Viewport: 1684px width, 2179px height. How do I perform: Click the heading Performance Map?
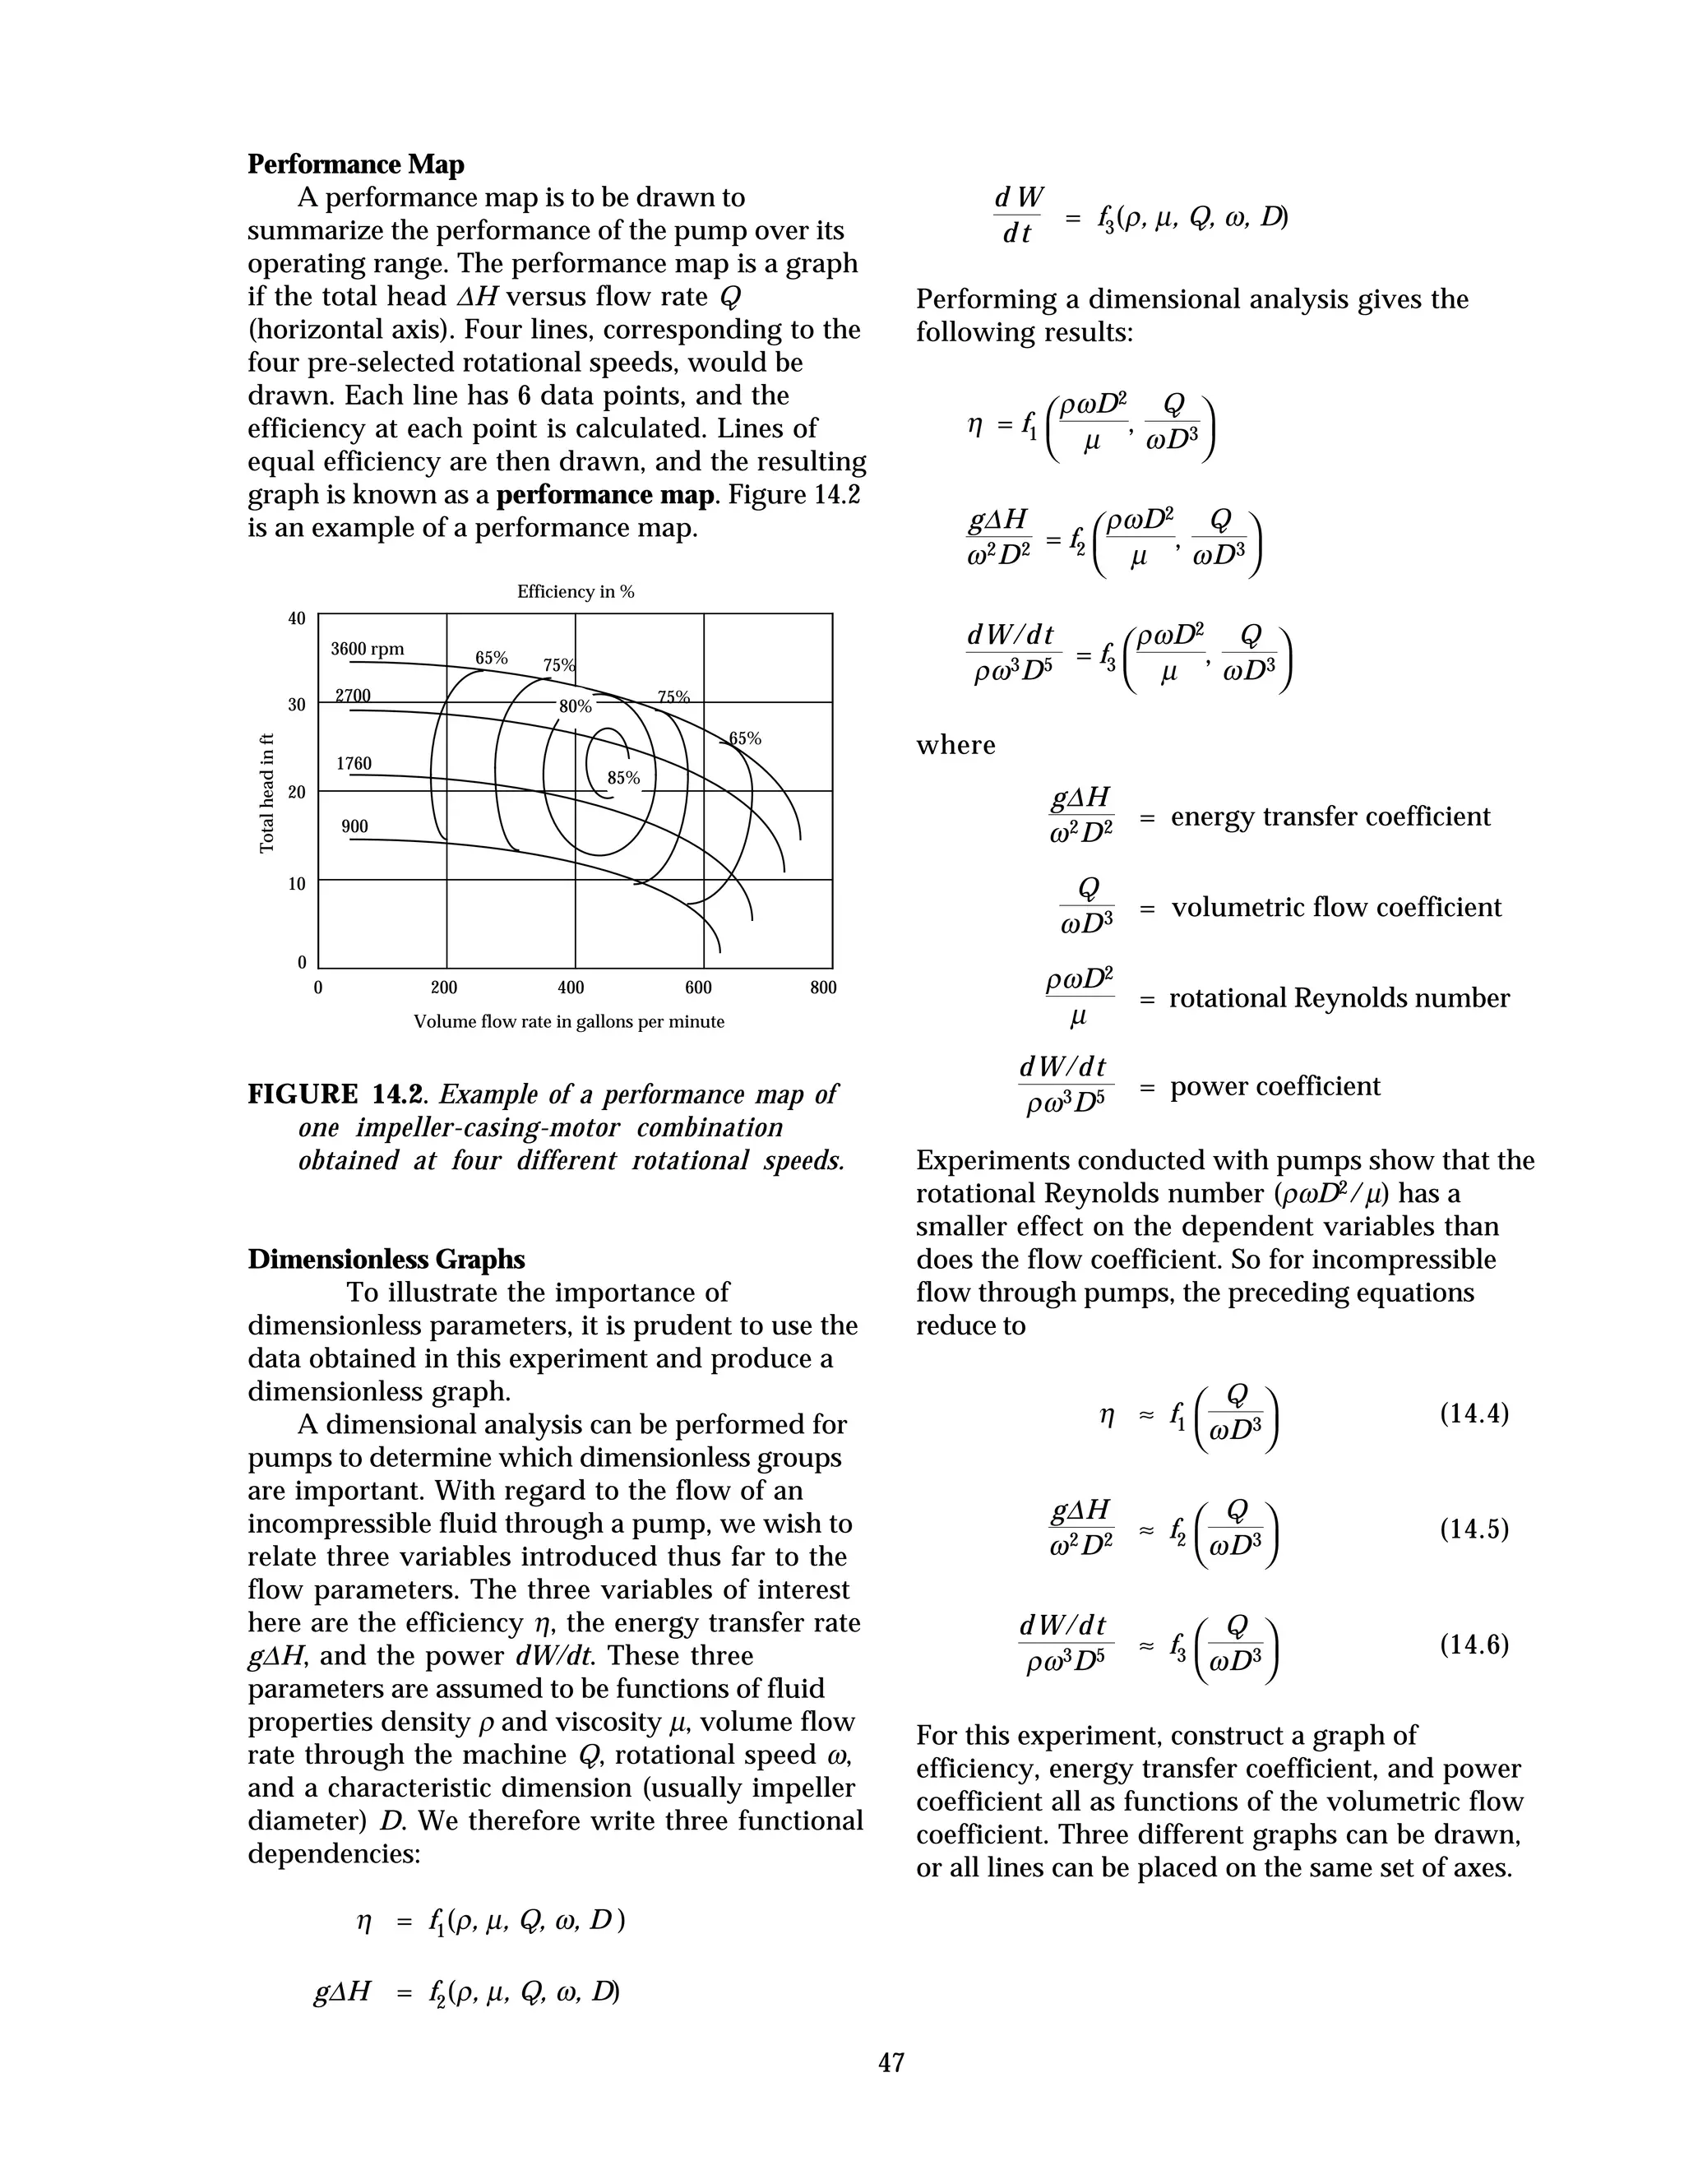coord(355,164)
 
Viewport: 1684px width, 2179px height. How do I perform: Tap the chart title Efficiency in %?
coord(575,592)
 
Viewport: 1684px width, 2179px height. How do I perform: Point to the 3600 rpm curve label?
coord(367,649)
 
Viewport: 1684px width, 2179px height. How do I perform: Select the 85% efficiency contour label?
coord(623,777)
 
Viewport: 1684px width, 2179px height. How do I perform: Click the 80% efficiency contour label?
coord(575,706)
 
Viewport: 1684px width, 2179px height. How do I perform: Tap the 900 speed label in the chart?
coord(354,826)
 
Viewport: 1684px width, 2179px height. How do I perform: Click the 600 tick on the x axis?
coord(698,988)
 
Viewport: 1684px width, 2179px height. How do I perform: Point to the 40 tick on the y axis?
coord(296,618)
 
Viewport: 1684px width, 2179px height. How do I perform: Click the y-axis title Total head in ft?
coord(266,793)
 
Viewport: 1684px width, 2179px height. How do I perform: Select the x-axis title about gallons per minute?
coord(569,1021)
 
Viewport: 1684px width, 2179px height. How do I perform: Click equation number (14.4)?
coord(1473,1413)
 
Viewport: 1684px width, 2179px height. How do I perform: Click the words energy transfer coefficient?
coord(1330,817)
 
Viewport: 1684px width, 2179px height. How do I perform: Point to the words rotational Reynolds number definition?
coord(1339,997)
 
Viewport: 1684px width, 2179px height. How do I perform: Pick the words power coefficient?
coord(1275,1085)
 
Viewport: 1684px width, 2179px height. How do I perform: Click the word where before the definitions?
coord(955,745)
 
